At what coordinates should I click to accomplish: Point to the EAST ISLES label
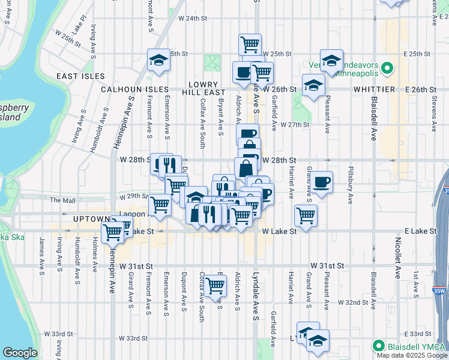point(80,76)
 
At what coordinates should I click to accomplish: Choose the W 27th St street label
point(294,125)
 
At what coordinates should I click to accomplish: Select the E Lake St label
point(419,231)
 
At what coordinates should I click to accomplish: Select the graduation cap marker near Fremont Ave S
point(158,61)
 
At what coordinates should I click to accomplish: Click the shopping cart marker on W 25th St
point(250,44)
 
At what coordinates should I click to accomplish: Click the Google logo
point(20,353)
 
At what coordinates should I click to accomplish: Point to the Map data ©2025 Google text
point(412,355)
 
